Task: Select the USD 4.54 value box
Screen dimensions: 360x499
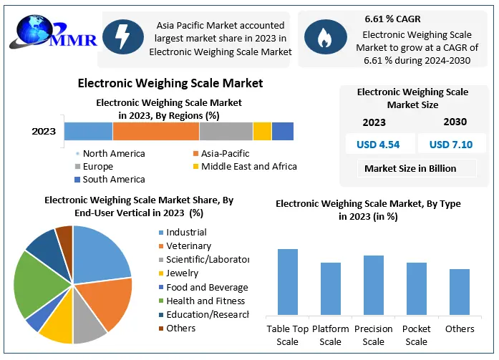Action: click(x=378, y=145)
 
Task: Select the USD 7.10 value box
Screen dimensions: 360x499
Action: click(x=451, y=145)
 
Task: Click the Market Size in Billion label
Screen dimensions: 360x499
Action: click(x=410, y=169)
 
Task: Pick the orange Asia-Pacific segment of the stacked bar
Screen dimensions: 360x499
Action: click(x=155, y=132)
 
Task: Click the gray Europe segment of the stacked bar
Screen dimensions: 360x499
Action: click(x=226, y=132)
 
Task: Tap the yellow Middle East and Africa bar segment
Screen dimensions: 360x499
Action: click(x=262, y=132)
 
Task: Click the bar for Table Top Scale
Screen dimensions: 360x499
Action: click(x=288, y=282)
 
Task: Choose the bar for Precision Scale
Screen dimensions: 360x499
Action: click(x=373, y=285)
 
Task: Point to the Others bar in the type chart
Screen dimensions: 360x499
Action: click(x=460, y=292)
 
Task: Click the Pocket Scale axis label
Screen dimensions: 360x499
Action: click(x=417, y=335)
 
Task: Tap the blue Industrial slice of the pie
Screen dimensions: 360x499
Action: click(x=100, y=250)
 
